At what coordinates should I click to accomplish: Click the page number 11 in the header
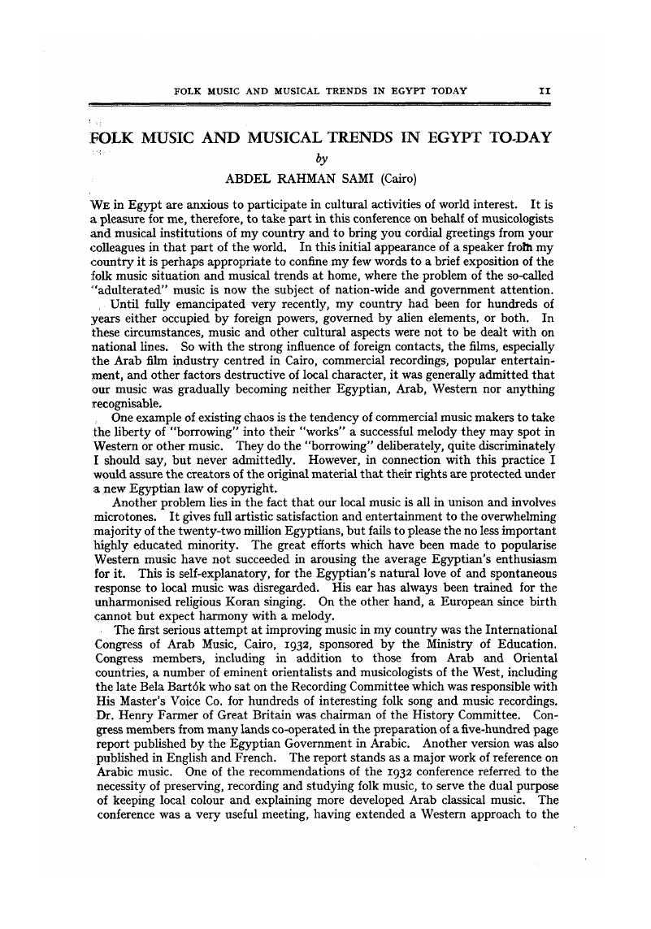[545, 91]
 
